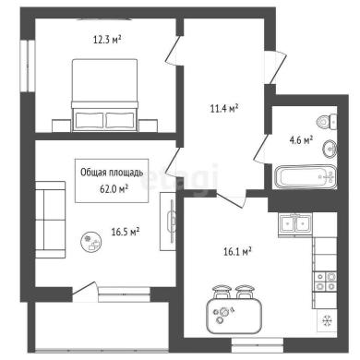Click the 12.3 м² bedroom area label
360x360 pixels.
pyautogui.click(x=107, y=40)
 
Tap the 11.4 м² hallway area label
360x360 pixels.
pyautogui.click(x=224, y=108)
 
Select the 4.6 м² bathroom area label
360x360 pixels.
pyautogui.click(x=301, y=140)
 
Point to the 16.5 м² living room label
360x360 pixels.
pyautogui.click(x=126, y=232)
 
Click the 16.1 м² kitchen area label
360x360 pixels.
pyautogui.click(x=237, y=252)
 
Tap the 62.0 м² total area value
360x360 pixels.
pyautogui.click(x=114, y=188)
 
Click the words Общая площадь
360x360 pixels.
pyautogui.click(x=112, y=173)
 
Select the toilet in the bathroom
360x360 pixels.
pyautogui.click(x=327, y=121)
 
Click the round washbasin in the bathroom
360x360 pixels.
pyautogui.click(x=330, y=149)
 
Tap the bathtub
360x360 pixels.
pyautogui.click(x=306, y=177)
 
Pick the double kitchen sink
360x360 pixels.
pyautogui.click(x=295, y=224)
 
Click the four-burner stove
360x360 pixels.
pyautogui.click(x=325, y=282)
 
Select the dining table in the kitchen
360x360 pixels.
pyautogui.click(x=234, y=317)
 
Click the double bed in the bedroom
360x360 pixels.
pyautogui.click(x=104, y=95)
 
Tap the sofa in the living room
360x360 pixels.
pyautogui.click(x=51, y=220)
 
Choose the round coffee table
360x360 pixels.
pyautogui.click(x=91, y=242)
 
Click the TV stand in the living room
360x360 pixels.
pyautogui.click(x=168, y=222)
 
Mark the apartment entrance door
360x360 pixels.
pyautogui.click(x=275, y=67)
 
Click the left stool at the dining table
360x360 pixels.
pyautogui.click(x=222, y=292)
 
